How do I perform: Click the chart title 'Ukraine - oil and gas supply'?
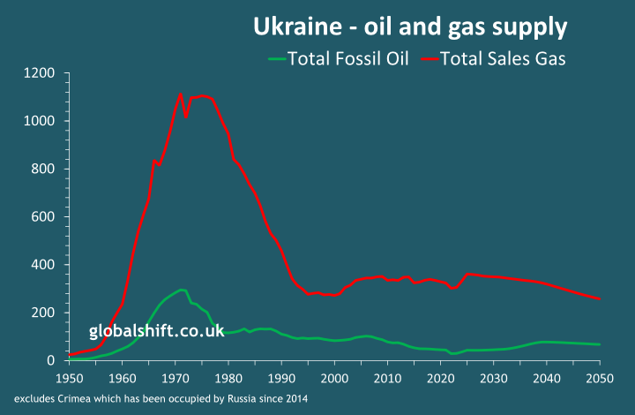(410, 27)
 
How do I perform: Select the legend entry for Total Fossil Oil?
(339, 58)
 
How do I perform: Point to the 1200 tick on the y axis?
(42, 72)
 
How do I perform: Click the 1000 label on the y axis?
(42, 121)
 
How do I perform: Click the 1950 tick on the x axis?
(69, 379)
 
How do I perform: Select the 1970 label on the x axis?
(176, 379)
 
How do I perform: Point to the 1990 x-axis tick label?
(281, 379)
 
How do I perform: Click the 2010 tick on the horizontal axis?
(387, 379)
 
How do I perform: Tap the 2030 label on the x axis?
(494, 379)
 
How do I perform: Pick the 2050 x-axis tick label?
(600, 379)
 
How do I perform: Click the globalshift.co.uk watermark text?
(156, 331)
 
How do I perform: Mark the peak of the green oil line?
(182, 290)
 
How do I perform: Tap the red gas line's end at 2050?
(600, 298)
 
